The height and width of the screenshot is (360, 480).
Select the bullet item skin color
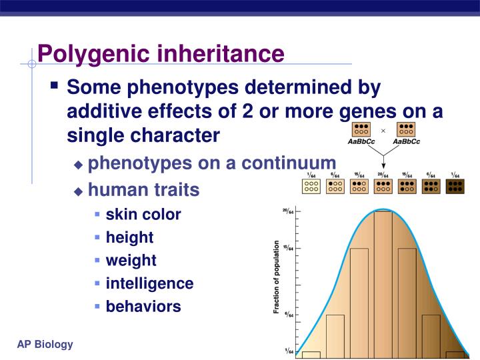click(x=143, y=215)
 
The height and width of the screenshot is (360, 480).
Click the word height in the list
click(x=129, y=237)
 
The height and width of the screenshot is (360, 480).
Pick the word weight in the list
click(x=131, y=260)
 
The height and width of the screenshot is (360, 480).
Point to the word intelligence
click(x=149, y=283)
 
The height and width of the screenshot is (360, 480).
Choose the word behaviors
click(x=143, y=307)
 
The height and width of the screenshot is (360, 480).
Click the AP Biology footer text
click(x=45, y=344)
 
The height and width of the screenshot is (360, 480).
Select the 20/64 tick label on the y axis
click(x=287, y=211)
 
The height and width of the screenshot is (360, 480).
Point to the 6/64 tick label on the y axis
click(x=287, y=315)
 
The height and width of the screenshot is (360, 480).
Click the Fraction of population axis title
click(x=276, y=277)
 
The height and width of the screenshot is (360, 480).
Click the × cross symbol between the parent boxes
click(x=383, y=130)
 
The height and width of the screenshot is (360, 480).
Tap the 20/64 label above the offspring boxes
click(x=383, y=174)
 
